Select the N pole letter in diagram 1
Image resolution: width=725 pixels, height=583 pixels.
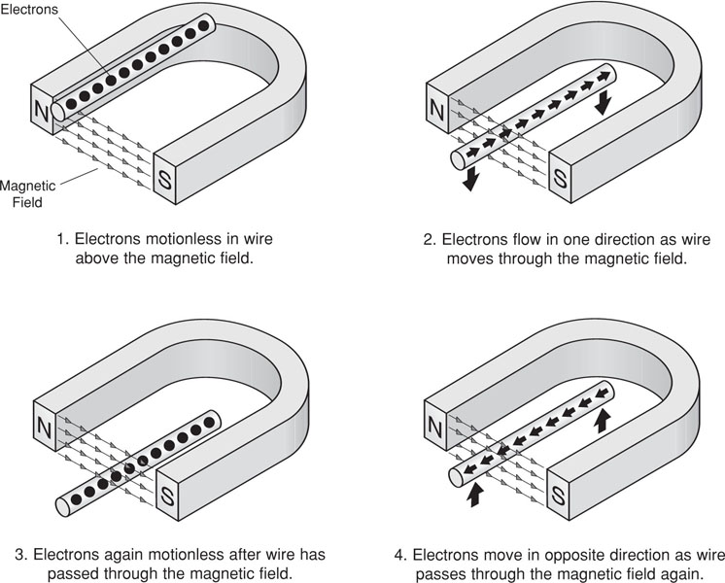(x=41, y=111)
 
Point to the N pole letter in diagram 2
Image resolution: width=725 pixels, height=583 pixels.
(x=437, y=112)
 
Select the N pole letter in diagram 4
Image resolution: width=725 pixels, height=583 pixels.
(x=437, y=428)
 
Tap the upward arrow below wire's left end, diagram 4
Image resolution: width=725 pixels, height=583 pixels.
(x=475, y=496)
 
